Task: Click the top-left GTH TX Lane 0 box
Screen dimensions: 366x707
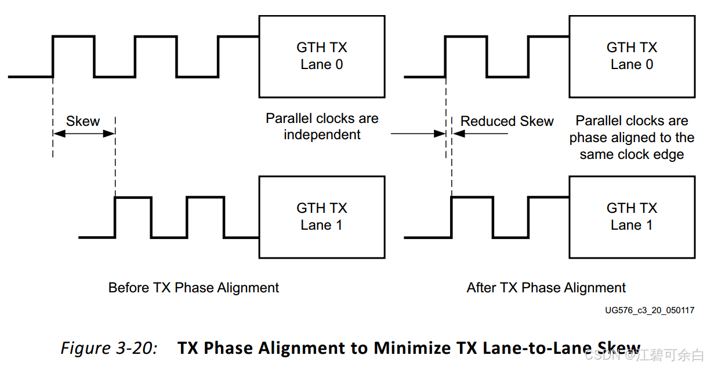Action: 321,56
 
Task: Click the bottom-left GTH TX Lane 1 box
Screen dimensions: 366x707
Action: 321,217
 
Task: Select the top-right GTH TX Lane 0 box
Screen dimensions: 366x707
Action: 632,56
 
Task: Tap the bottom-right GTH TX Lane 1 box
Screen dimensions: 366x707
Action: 632,217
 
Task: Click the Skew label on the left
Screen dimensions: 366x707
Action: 83,121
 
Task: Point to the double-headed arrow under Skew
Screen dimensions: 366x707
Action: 84,134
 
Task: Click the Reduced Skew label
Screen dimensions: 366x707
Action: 507,121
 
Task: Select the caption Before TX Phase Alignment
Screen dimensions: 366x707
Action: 194,288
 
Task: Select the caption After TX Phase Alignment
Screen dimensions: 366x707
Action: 546,288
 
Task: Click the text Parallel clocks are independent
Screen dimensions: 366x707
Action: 322,126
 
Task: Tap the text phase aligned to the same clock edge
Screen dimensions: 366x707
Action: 632,146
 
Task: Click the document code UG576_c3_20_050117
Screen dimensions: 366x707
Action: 650,310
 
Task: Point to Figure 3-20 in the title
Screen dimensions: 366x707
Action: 109,348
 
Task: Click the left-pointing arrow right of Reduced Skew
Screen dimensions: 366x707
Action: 481,134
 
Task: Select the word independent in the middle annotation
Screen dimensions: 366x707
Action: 322,135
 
